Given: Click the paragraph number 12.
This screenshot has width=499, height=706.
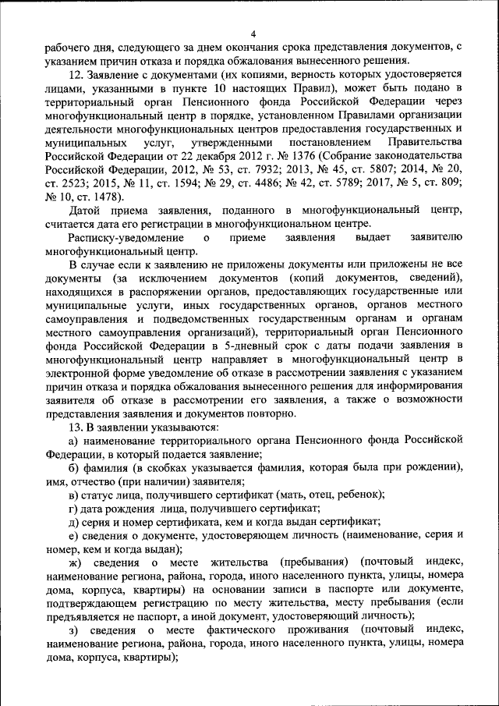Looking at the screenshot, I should click(x=76, y=75).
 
